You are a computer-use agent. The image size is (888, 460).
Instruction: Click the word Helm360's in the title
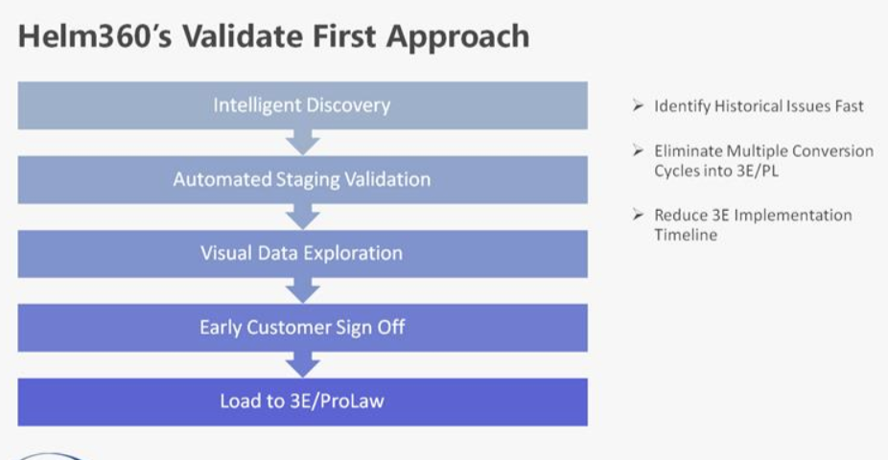pos(95,36)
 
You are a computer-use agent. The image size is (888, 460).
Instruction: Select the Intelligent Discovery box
pos(302,105)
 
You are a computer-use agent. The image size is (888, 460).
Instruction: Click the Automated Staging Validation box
pos(302,179)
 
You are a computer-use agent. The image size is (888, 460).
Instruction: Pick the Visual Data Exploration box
pos(302,254)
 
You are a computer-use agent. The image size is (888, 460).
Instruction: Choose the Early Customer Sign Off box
pos(302,328)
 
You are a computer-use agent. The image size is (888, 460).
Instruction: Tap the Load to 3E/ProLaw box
pos(302,402)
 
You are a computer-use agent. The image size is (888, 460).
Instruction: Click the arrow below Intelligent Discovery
pos(303,142)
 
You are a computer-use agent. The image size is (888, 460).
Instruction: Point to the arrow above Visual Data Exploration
pos(303,217)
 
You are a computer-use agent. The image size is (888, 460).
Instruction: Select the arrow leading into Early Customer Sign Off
pos(303,290)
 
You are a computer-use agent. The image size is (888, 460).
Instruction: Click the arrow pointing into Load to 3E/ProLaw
pos(303,364)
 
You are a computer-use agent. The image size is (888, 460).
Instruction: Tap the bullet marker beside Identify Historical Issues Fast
pos(639,105)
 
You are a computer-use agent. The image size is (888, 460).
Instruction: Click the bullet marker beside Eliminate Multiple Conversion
pos(639,149)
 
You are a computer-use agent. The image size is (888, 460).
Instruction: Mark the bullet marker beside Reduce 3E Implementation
pos(639,215)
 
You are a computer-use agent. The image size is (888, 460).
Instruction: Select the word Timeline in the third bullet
pos(686,235)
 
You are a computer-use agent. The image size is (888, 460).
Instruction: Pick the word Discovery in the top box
pos(346,105)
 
